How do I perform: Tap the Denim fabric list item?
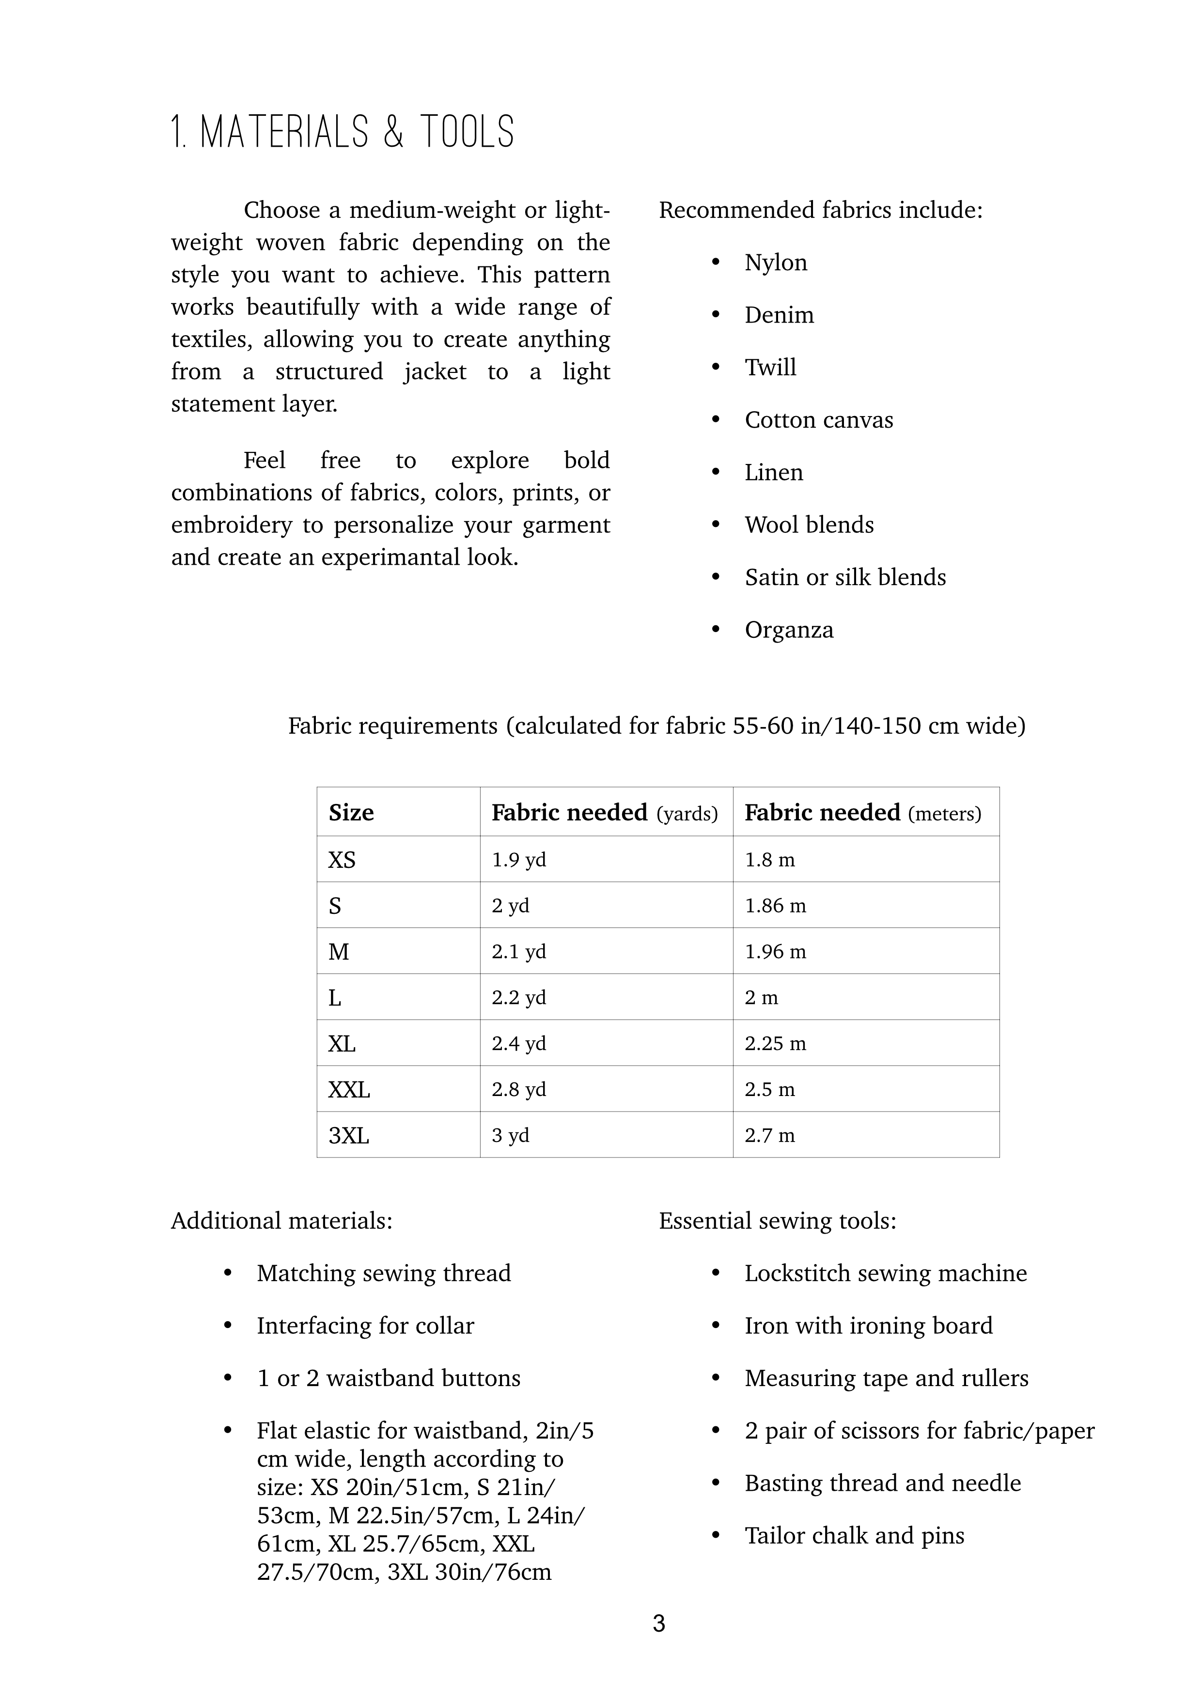coord(779,315)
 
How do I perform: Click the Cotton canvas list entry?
coord(819,420)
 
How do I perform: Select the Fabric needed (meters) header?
coord(862,813)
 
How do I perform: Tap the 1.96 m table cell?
coord(775,952)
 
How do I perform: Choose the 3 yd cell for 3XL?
coord(510,1135)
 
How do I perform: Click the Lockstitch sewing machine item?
coord(885,1273)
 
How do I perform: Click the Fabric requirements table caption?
coord(656,726)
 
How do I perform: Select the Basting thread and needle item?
coord(882,1483)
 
